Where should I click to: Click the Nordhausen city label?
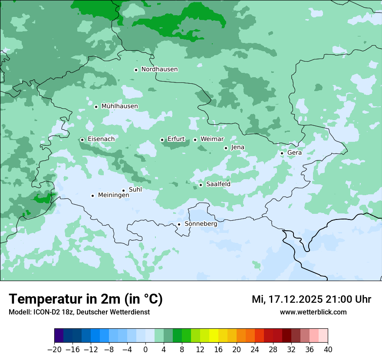(159, 69)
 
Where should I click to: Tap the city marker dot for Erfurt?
(162, 140)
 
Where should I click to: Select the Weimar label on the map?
(212, 139)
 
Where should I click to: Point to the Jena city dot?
(226, 148)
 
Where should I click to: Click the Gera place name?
(294, 153)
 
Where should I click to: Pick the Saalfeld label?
(218, 184)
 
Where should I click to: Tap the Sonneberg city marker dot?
(179, 224)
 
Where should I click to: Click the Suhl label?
(135, 190)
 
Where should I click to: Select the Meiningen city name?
(113, 195)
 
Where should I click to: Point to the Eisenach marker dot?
(82, 140)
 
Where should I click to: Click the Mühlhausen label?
(119, 106)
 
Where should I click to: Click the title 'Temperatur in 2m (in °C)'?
(86, 299)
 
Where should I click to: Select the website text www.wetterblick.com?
(313, 312)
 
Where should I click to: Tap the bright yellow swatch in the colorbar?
(214, 336)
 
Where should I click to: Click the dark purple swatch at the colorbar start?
(59, 336)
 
